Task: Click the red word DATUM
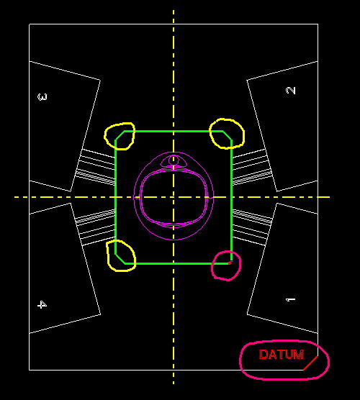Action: point(282,355)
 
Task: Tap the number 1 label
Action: point(291,299)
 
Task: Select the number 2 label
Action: point(291,91)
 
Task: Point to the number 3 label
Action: point(42,97)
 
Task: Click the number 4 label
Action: point(42,304)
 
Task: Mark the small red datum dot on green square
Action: point(230,263)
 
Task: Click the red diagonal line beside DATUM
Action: point(310,363)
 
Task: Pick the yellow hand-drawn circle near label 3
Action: point(104,136)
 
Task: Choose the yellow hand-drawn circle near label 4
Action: point(108,256)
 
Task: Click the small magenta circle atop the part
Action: point(174,156)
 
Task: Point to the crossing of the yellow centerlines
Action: point(174,197)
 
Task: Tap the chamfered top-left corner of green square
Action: point(120,135)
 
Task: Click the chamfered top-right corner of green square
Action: point(227,135)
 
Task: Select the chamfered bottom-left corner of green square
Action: point(120,259)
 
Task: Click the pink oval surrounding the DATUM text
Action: point(240,360)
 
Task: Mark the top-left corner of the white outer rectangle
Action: point(29,24)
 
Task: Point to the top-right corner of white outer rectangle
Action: point(318,24)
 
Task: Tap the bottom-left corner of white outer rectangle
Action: point(29,370)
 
